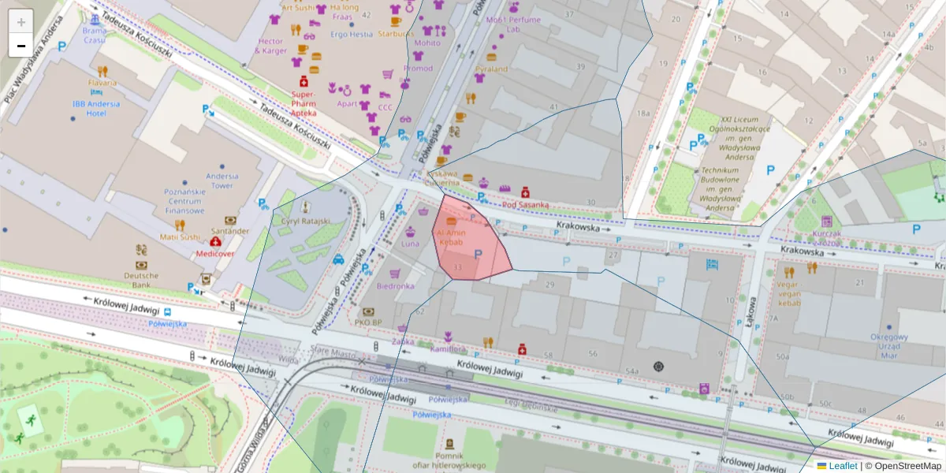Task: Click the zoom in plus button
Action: [x=21, y=22]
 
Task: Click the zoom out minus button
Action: [x=21, y=46]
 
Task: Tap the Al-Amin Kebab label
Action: [x=451, y=237]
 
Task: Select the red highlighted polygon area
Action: [x=473, y=252]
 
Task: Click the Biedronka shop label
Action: [x=395, y=286]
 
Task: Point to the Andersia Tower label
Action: [x=222, y=181]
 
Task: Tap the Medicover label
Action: [x=216, y=255]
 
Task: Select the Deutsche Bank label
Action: [x=141, y=280]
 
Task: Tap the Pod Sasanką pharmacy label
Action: [x=520, y=205]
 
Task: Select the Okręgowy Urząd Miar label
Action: [x=889, y=346]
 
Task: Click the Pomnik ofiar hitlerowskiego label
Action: [x=449, y=460]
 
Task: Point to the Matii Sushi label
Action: [x=180, y=236]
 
